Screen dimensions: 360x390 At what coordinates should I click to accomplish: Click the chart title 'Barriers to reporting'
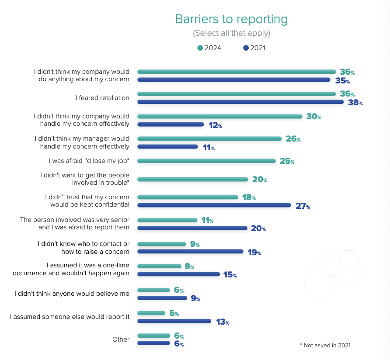coord(231,19)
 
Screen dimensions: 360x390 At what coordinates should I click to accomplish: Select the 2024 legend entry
coord(209,48)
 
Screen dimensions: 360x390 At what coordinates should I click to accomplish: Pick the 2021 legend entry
coord(254,48)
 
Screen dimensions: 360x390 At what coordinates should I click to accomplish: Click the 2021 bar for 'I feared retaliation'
coord(240,102)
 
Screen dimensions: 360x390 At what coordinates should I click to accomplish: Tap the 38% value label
coord(355,103)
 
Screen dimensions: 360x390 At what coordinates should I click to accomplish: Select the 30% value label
coord(313,117)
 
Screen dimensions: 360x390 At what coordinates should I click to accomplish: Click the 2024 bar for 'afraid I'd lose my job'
coord(206,161)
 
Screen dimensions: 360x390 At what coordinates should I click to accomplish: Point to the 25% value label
coord(287,161)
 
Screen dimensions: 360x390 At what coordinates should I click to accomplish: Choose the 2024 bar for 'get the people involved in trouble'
coord(193,179)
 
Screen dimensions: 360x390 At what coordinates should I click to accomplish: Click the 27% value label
coord(303,206)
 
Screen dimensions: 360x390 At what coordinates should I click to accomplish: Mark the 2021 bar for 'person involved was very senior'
coord(192,228)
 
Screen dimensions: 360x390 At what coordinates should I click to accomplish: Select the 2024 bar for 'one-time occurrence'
coord(159,266)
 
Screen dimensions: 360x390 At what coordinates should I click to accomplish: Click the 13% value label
coord(223,322)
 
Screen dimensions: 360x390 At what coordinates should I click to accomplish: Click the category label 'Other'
coord(121,339)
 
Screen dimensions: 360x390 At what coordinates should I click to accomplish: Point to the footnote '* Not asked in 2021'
coord(325,345)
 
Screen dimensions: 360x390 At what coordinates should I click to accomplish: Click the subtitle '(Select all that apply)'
coord(231,33)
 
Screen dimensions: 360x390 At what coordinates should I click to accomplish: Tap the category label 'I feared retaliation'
coord(103,98)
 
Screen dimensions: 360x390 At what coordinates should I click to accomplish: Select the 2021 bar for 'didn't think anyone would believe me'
coord(162,298)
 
